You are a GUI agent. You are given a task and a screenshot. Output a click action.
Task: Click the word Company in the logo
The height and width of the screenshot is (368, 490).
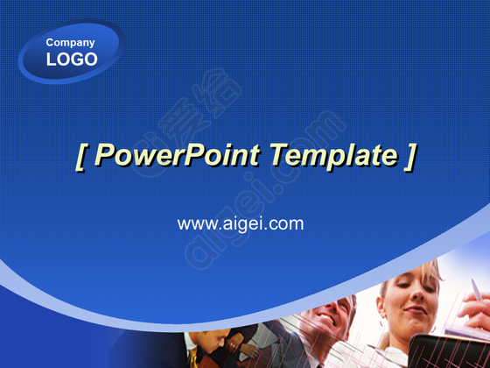[x=70, y=43]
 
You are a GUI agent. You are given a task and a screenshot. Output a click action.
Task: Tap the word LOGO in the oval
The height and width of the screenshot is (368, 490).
[x=72, y=60]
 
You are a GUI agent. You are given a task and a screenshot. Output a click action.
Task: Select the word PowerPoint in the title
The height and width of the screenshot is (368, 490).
[x=177, y=155]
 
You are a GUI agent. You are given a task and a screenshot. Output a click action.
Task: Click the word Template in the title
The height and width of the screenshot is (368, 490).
[x=333, y=156]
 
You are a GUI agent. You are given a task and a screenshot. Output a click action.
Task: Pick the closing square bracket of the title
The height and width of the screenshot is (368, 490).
[x=410, y=157]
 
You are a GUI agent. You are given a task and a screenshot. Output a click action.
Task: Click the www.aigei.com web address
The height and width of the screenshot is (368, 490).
[x=241, y=224]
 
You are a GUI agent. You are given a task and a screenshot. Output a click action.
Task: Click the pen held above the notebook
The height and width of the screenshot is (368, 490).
[x=476, y=290]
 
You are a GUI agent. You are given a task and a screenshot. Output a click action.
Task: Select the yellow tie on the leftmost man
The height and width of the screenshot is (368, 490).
[x=193, y=357]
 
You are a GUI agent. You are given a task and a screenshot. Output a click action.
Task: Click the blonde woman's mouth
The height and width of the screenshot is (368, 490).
[x=416, y=310]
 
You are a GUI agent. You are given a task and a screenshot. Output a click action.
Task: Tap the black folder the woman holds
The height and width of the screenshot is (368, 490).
[x=449, y=351]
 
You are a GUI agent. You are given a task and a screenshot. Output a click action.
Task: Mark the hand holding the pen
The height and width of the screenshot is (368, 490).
[x=476, y=310]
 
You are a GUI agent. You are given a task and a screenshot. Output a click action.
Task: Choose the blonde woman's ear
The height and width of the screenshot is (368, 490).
[x=381, y=308]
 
